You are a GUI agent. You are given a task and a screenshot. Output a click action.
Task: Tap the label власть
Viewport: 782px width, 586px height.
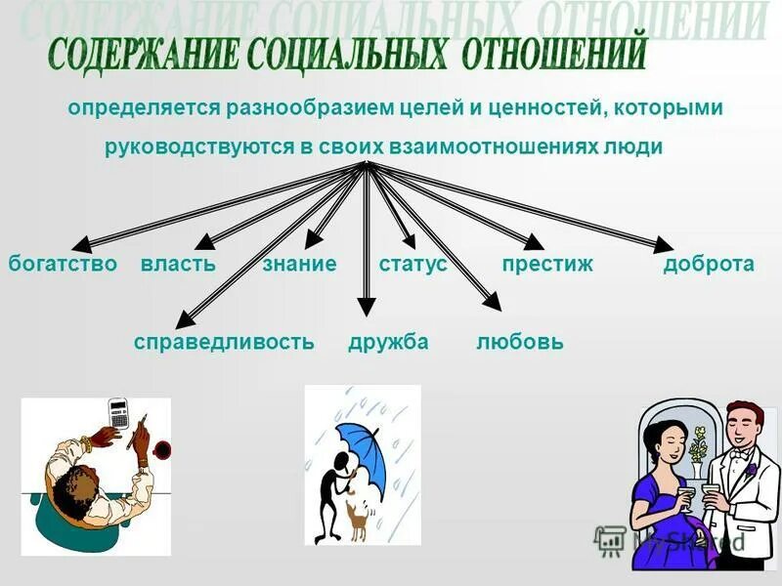[178, 264]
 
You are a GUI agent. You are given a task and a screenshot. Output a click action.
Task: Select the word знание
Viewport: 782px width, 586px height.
[299, 264]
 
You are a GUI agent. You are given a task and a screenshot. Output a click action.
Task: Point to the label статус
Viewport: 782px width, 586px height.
[413, 264]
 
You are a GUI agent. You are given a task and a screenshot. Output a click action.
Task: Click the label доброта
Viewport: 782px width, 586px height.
[709, 264]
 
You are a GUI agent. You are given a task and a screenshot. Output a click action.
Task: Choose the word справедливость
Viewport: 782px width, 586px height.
[224, 342]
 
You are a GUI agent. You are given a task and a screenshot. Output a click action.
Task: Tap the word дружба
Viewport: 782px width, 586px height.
[388, 342]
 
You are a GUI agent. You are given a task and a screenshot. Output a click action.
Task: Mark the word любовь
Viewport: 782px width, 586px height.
[520, 342]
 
